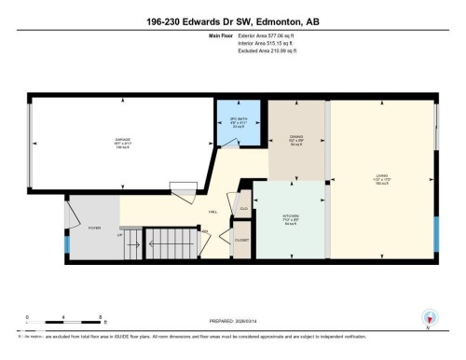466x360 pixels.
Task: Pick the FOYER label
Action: click(x=94, y=227)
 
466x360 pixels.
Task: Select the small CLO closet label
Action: click(x=243, y=208)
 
